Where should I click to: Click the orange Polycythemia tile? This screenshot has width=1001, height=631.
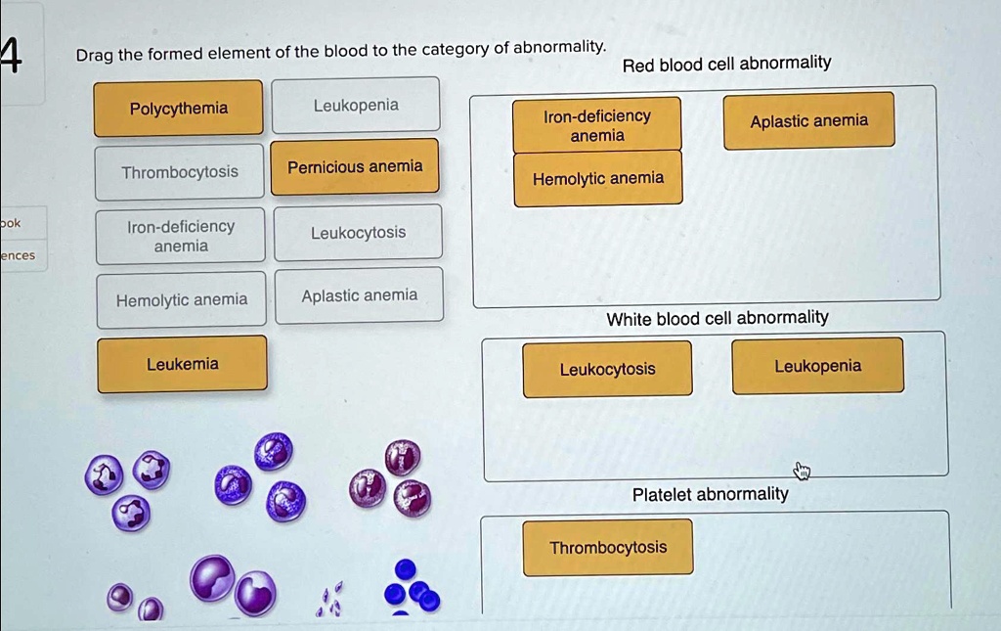tap(178, 108)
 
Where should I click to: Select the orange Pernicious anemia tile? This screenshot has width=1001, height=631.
tap(355, 166)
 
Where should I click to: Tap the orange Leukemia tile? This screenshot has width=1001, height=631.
tap(182, 364)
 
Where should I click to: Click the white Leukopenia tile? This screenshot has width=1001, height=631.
tap(356, 105)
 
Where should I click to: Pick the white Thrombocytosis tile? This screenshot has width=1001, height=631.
tap(180, 172)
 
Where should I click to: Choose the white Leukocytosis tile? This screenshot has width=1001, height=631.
tap(358, 233)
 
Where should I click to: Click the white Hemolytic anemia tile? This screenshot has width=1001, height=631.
tap(182, 300)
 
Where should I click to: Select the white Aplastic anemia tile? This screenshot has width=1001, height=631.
tap(359, 295)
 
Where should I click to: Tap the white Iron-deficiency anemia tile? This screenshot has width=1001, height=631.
tap(181, 237)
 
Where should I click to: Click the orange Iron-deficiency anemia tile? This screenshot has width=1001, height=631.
tap(596, 125)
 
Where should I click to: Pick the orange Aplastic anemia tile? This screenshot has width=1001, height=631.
tap(808, 120)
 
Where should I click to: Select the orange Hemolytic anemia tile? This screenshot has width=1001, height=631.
tap(597, 178)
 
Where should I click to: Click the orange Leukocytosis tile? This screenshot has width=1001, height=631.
tap(607, 369)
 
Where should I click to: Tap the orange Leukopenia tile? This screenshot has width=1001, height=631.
tap(817, 366)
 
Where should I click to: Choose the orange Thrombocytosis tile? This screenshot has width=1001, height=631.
tap(607, 547)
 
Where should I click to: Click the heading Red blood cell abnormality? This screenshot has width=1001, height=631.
tap(726, 64)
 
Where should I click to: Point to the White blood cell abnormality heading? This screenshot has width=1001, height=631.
tap(717, 317)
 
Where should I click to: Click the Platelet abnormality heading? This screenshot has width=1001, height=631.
tap(710, 494)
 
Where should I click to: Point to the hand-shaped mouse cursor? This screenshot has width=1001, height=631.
tap(802, 472)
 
